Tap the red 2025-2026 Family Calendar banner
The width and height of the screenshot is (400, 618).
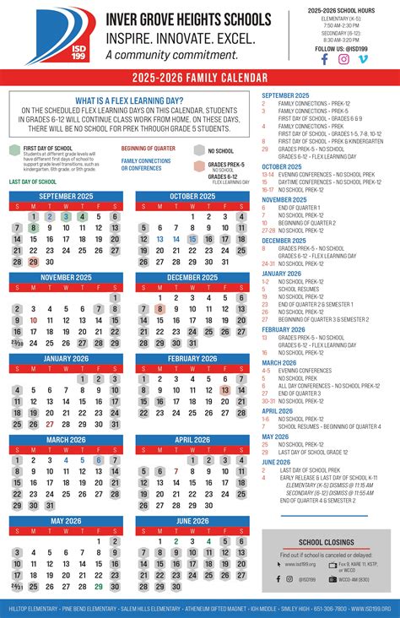pyautogui.click(x=199, y=78)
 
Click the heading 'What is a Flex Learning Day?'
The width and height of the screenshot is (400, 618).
pyautogui.click(x=129, y=100)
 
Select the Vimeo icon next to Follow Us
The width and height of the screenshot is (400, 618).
pyautogui.click(x=363, y=59)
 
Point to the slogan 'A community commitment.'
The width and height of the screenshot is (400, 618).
pyautogui.click(x=159, y=55)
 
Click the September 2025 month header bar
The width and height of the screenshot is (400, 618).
pyautogui.click(x=66, y=196)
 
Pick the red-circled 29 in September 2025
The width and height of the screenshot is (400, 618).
pyautogui.click(x=34, y=262)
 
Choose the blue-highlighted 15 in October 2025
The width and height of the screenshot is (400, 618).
pyautogui.click(x=193, y=239)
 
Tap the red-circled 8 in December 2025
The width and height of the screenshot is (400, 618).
pyautogui.click(x=160, y=309)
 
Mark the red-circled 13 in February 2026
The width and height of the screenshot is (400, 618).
pyautogui.click(x=225, y=390)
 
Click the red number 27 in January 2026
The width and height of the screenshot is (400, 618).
pyautogui.click(x=50, y=424)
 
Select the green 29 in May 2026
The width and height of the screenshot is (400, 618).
pyautogui.click(x=99, y=587)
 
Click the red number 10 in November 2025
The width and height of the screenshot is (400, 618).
pyautogui.click(x=34, y=321)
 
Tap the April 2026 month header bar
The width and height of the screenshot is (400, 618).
pyautogui.click(x=192, y=440)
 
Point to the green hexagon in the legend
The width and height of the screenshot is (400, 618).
pyautogui.click(x=14, y=149)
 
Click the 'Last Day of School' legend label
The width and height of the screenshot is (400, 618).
pyautogui.click(x=33, y=182)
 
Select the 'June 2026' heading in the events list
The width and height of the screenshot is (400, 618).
pyautogui.click(x=277, y=462)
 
